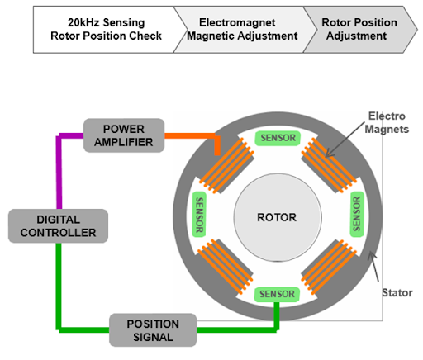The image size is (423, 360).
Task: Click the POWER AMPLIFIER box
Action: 124,135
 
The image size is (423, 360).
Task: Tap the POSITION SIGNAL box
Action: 153,329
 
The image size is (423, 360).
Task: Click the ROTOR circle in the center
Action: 276,218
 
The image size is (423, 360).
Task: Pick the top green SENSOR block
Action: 276,138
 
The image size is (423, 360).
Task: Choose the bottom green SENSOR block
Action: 276,295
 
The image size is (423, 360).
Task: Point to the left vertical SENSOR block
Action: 199,216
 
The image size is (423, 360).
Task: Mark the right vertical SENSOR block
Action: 356,216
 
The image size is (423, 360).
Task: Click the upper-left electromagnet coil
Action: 231,161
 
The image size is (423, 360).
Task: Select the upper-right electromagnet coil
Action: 322,161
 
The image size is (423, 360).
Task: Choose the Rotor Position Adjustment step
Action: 358,29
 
